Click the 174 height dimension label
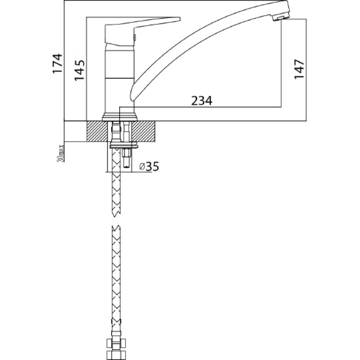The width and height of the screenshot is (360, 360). pyautogui.click(x=58, y=63)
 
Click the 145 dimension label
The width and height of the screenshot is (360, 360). pyautogui.click(x=79, y=70)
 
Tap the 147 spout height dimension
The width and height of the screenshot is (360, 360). pyautogui.click(x=299, y=69)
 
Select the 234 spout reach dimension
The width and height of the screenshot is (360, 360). pyautogui.click(x=202, y=101)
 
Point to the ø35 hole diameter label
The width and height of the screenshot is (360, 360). pyautogui.click(x=149, y=166)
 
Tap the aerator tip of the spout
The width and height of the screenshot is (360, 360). pyautogui.click(x=280, y=18)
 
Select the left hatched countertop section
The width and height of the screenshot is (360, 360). pyautogui.click(x=97, y=131)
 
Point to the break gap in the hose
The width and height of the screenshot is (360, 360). pyautogui.click(x=116, y=221)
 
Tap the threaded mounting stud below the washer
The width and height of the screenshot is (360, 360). pyautogui.click(x=127, y=158)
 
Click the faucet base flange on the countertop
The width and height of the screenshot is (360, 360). pyautogui.click(x=119, y=117)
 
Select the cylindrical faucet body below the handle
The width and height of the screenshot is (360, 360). pyautogui.click(x=119, y=78)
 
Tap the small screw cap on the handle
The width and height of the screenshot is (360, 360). pyautogui.click(x=135, y=37)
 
